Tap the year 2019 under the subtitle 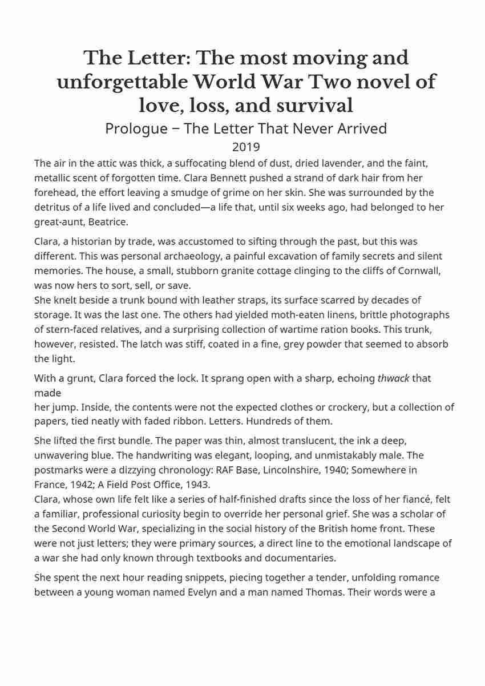246,147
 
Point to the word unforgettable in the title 122,82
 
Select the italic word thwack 393,378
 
